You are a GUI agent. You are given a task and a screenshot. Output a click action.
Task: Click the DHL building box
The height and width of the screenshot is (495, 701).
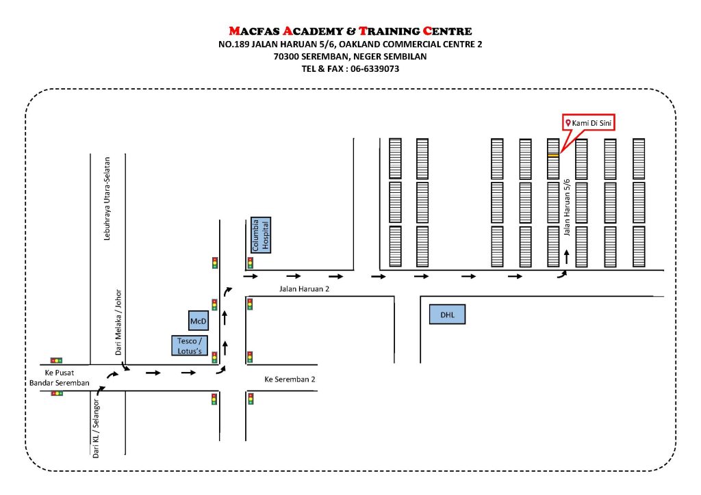coord(447,315)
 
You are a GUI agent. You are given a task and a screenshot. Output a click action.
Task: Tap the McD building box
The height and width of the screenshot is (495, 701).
coord(199,320)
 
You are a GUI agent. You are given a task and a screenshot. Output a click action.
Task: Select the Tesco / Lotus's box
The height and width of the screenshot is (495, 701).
coord(189,345)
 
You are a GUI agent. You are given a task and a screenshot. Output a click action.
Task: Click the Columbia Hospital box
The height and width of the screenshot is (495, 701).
coord(261,235)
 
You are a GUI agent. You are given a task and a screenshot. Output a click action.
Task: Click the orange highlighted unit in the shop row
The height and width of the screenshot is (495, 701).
coord(553,156)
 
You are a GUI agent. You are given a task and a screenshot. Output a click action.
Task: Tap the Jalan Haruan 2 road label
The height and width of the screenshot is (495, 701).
coord(304,289)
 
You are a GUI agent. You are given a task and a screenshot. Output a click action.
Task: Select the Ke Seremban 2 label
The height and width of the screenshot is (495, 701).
coord(290,379)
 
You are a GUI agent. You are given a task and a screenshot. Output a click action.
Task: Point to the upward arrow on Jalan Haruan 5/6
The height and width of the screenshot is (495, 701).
coord(566,257)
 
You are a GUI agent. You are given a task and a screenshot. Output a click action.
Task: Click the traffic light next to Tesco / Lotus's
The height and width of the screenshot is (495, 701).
coord(214,356)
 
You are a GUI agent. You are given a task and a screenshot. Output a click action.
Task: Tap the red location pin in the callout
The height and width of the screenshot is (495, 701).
coord(568,123)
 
